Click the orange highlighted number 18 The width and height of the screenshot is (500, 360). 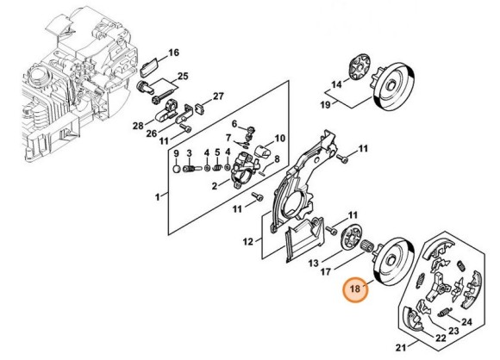point(356,290)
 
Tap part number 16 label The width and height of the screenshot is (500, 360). point(173,53)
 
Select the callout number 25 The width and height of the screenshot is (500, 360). point(183,78)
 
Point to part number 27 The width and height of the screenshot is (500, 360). point(218,96)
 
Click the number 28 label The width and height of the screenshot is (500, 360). point(137,127)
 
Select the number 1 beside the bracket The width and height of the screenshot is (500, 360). point(157,197)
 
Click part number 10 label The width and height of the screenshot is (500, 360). point(279,138)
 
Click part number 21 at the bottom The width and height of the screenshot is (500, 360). point(398,348)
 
